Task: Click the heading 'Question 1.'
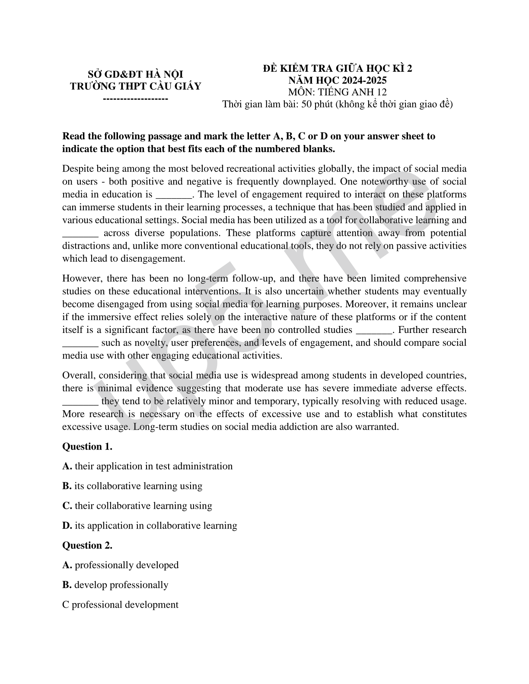pyautogui.click(x=87, y=446)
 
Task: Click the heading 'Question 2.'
pyautogui.click(x=87, y=545)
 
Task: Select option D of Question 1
pyautogui.click(x=150, y=526)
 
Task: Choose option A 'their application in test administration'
pyautogui.click(x=147, y=466)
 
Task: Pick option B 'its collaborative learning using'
pyautogui.click(x=132, y=486)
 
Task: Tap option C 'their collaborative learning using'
pyautogui.click(x=137, y=506)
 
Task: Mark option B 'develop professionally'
pyautogui.click(x=115, y=585)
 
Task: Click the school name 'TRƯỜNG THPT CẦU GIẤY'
pyautogui.click(x=136, y=86)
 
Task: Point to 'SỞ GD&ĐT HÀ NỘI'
pyautogui.click(x=136, y=75)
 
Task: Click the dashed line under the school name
pyautogui.click(x=136, y=98)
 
